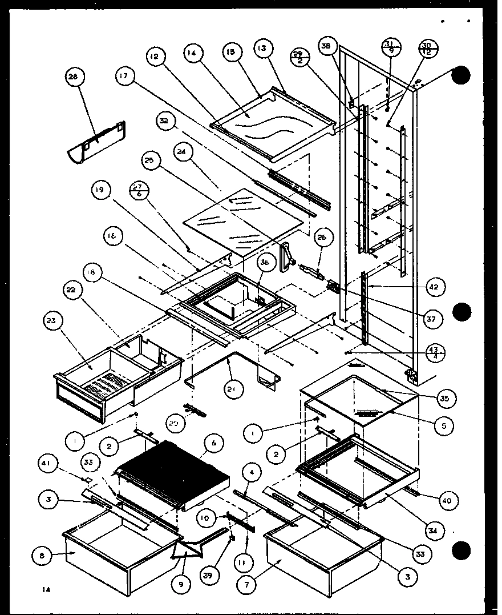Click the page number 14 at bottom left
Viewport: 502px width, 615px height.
46,590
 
